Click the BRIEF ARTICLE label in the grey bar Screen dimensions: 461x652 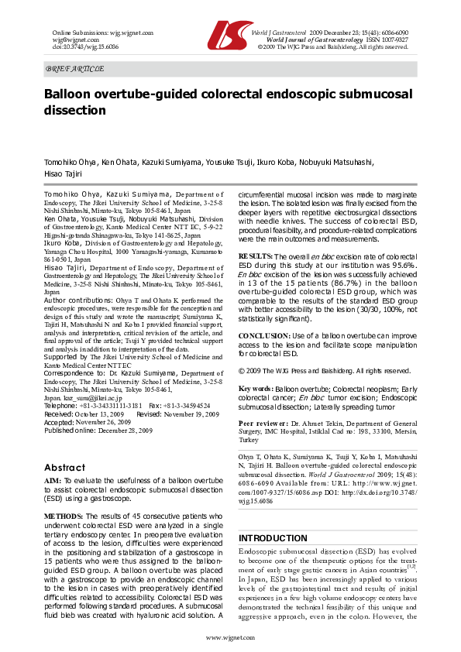(75, 69)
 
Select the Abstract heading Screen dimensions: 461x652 (64, 468)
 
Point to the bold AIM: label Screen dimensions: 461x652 (53, 482)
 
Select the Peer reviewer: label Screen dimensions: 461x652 (263, 425)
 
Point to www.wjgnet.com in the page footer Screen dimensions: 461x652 (230, 637)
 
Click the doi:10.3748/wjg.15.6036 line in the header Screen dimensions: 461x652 (75, 46)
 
